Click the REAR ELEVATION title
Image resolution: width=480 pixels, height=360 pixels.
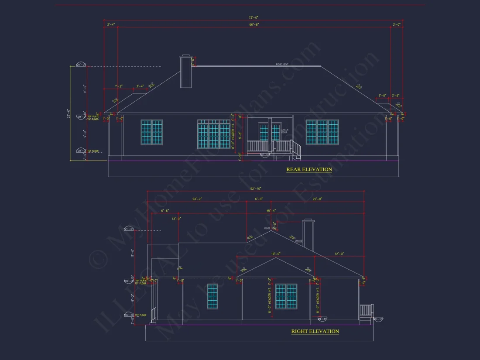(x=309, y=169)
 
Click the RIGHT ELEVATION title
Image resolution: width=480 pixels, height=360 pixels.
(x=315, y=331)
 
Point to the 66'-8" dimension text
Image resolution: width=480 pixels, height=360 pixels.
(x=254, y=25)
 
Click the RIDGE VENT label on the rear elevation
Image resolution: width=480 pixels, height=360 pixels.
(x=282, y=65)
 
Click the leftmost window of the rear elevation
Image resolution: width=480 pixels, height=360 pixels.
(x=152, y=132)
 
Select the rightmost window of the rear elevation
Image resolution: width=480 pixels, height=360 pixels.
(x=322, y=132)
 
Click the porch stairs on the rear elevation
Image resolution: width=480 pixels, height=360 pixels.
(x=296, y=149)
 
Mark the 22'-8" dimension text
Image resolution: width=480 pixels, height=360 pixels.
(x=317, y=199)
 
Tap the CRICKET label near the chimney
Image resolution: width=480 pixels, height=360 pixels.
(x=299, y=241)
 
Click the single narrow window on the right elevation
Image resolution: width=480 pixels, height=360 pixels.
(x=212, y=297)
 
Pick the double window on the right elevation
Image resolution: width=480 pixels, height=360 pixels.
(x=286, y=297)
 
